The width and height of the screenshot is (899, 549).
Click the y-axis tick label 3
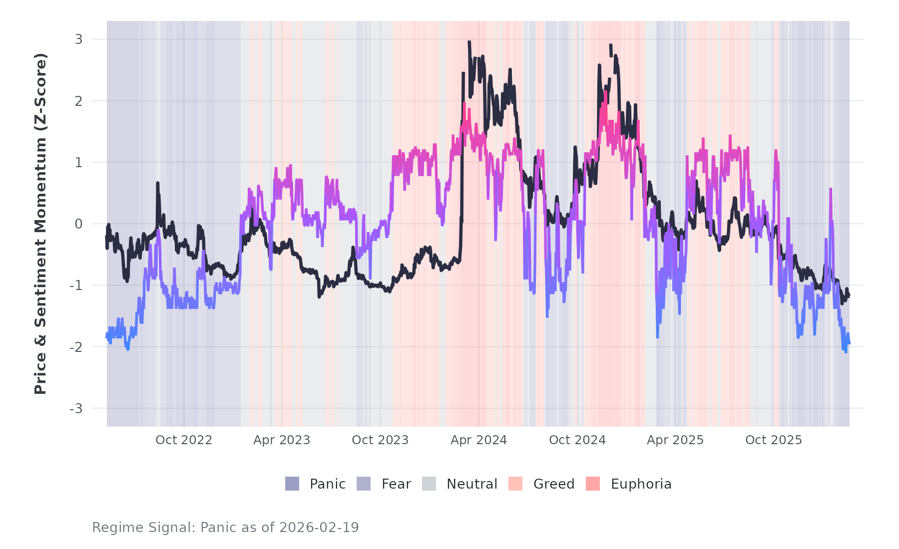(78, 39)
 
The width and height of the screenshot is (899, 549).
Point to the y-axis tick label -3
(76, 409)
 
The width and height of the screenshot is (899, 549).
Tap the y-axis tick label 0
(78, 224)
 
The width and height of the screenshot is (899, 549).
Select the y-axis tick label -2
(76, 347)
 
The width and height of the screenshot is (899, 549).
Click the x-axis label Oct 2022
(184, 440)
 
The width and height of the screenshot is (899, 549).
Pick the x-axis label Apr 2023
(282, 440)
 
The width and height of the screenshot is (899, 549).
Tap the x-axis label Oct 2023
(380, 440)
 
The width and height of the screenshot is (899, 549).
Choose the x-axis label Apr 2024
(478, 440)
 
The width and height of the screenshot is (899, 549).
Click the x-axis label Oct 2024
(577, 440)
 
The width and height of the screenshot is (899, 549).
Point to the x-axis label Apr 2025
(675, 440)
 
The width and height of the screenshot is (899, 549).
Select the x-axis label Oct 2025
(774, 440)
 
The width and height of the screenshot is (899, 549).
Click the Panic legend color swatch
(292, 484)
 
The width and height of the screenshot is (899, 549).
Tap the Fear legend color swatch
(364, 484)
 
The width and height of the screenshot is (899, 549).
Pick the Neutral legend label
(472, 484)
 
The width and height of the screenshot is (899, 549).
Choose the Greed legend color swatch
(515, 484)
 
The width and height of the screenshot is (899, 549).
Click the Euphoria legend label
(641, 484)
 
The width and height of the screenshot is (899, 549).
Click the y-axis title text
(40, 224)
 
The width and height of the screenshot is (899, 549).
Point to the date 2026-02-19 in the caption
(319, 528)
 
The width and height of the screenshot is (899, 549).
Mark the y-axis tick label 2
(78, 101)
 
